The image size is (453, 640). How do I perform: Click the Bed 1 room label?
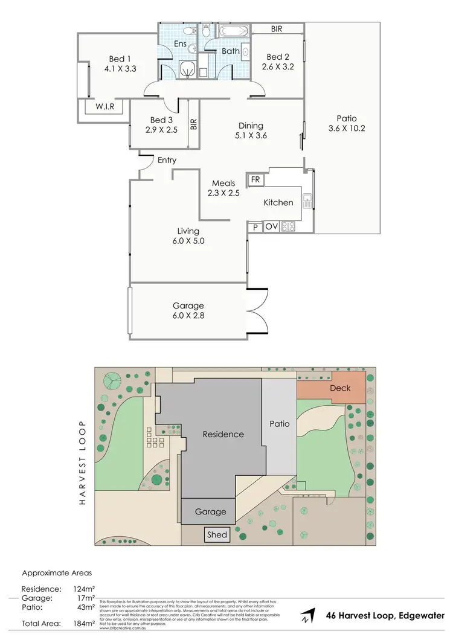[x=117, y=59]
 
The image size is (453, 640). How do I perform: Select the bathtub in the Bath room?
[x=232, y=31]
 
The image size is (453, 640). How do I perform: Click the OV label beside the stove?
[x=271, y=228]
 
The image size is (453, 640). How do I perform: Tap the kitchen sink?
[x=307, y=200]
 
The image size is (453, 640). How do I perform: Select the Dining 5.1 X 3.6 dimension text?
[x=251, y=135]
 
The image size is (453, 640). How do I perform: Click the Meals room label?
[x=223, y=184]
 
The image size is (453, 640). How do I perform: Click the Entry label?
[x=167, y=161]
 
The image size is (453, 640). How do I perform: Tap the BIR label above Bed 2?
[x=277, y=28]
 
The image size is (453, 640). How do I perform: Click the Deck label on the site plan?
[x=340, y=388]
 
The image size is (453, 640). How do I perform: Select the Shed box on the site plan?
[x=217, y=534]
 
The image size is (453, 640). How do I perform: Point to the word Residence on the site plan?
[x=223, y=434]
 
